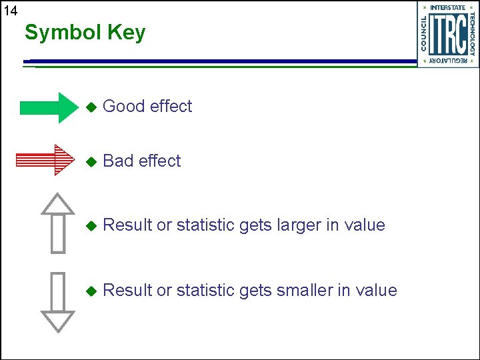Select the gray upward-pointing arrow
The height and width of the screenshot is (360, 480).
pos(58,223)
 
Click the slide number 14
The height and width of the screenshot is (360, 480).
pos(10,10)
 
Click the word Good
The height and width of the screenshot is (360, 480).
pos(125,106)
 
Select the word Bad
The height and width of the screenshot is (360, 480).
pos(119,161)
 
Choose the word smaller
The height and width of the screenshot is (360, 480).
pos(304,290)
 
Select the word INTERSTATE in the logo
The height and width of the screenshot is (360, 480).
pos(448,7)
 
